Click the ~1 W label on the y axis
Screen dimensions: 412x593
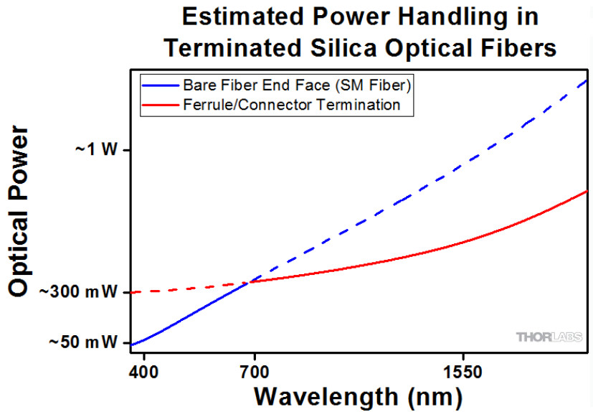tap(95, 150)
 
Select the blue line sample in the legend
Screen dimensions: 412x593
tap(159, 85)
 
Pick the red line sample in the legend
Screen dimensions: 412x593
tap(159, 105)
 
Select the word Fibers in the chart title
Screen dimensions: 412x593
tap(516, 47)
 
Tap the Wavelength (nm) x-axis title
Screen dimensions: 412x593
tap(357, 395)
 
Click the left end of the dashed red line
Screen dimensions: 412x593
tap(132, 292)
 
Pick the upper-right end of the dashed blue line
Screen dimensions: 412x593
tap(587, 80)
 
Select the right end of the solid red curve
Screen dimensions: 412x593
tap(587, 192)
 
